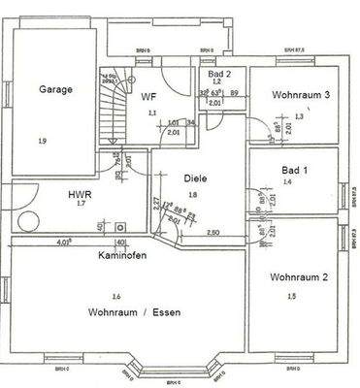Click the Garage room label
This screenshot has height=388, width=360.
56,88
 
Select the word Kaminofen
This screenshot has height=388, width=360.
122,257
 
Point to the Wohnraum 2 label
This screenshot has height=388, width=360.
298,276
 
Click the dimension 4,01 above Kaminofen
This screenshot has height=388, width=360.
66,242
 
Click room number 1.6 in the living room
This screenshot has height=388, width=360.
116,295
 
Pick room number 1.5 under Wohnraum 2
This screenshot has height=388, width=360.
292,296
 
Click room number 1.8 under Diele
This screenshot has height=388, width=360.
192,194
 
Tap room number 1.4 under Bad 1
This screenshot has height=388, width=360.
286,181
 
